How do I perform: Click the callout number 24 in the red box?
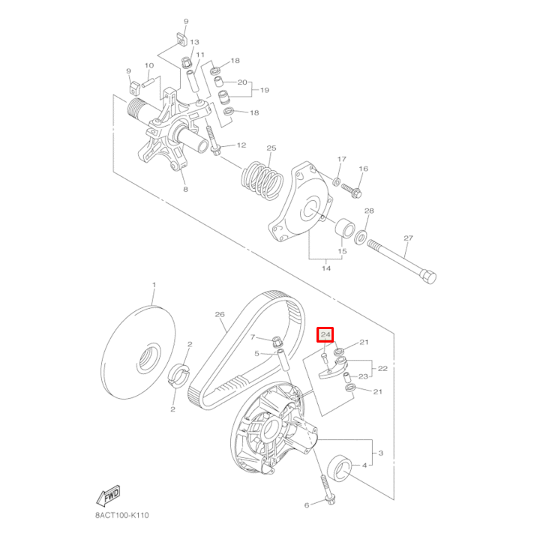[326, 335]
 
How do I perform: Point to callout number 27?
[408, 239]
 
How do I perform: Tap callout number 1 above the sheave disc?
[154, 286]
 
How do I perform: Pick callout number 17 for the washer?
[342, 160]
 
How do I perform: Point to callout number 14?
[326, 267]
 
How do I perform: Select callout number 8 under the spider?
[185, 190]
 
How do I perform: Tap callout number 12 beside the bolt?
[241, 145]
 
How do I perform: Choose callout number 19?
[264, 90]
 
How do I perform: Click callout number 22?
[382, 369]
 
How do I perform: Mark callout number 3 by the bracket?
[380, 454]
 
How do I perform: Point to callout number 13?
[193, 42]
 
